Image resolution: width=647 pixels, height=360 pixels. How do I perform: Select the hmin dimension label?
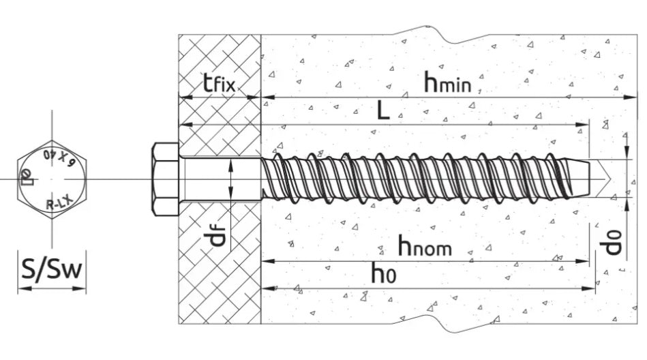pyautogui.click(x=448, y=81)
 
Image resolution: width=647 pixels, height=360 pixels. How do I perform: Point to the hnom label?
pyautogui.click(x=425, y=245)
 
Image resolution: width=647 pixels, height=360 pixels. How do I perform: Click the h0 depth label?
pyautogui.click(x=384, y=273)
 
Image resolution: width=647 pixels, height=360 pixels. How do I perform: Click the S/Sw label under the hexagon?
pyautogui.click(x=52, y=270)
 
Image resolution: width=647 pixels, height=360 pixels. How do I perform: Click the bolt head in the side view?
pyautogui.click(x=165, y=179)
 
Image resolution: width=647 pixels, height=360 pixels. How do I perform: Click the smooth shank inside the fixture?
pyautogui.click(x=220, y=179)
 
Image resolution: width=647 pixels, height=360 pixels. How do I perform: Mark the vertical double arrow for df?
pyautogui.click(x=231, y=179)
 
